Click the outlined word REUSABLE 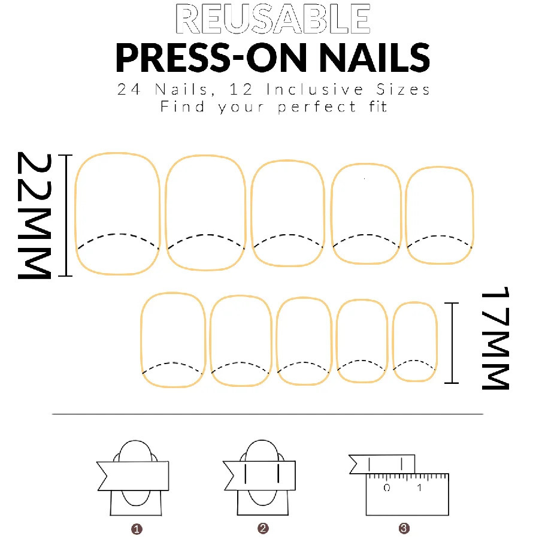(x=273, y=19)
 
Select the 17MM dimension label (x=495, y=338)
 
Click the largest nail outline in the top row (x=118, y=213)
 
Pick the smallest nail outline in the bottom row (x=414, y=341)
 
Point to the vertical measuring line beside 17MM (x=452, y=343)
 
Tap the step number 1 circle (x=137, y=529)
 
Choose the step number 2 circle (x=263, y=529)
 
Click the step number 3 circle (x=404, y=529)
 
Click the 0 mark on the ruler (x=387, y=488)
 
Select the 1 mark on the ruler (x=419, y=488)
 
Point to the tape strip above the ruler (x=383, y=464)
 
